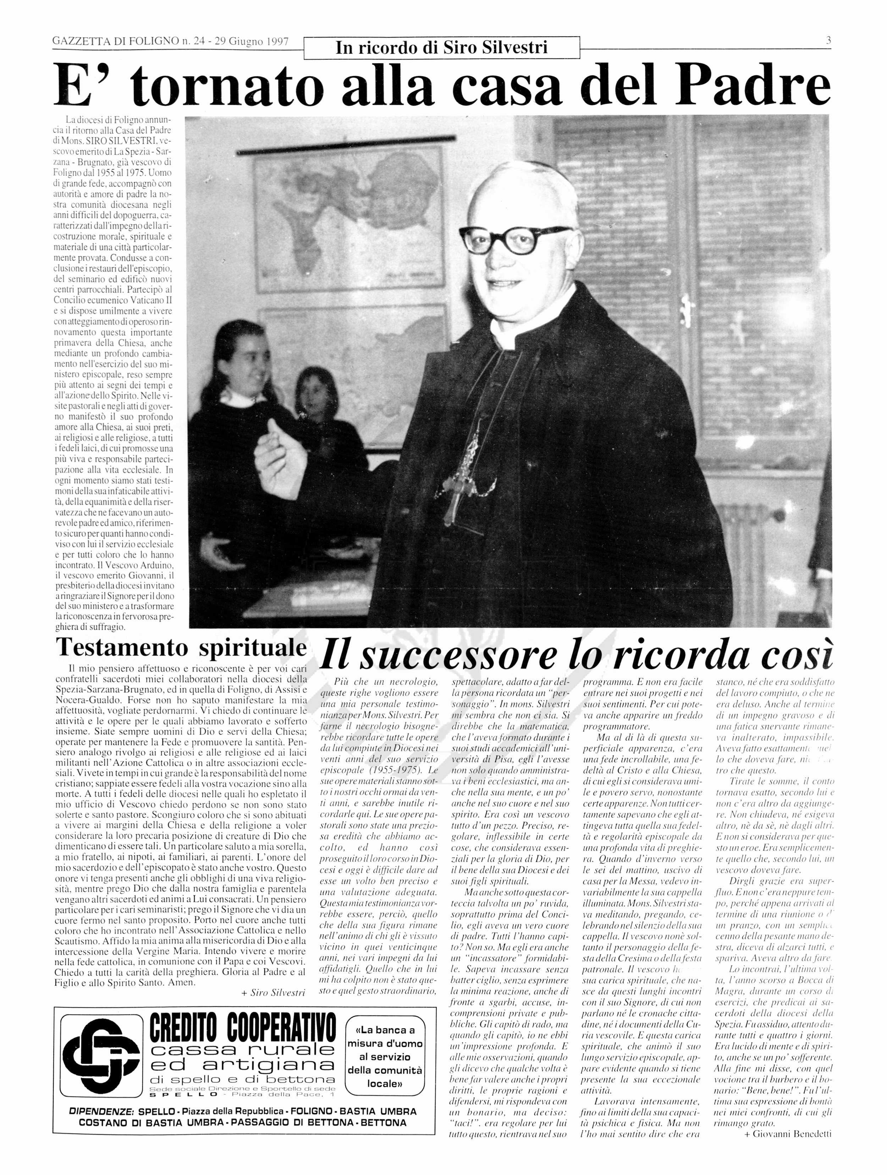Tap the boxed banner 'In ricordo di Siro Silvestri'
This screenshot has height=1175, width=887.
441,48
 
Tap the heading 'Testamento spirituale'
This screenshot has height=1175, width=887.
181,647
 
